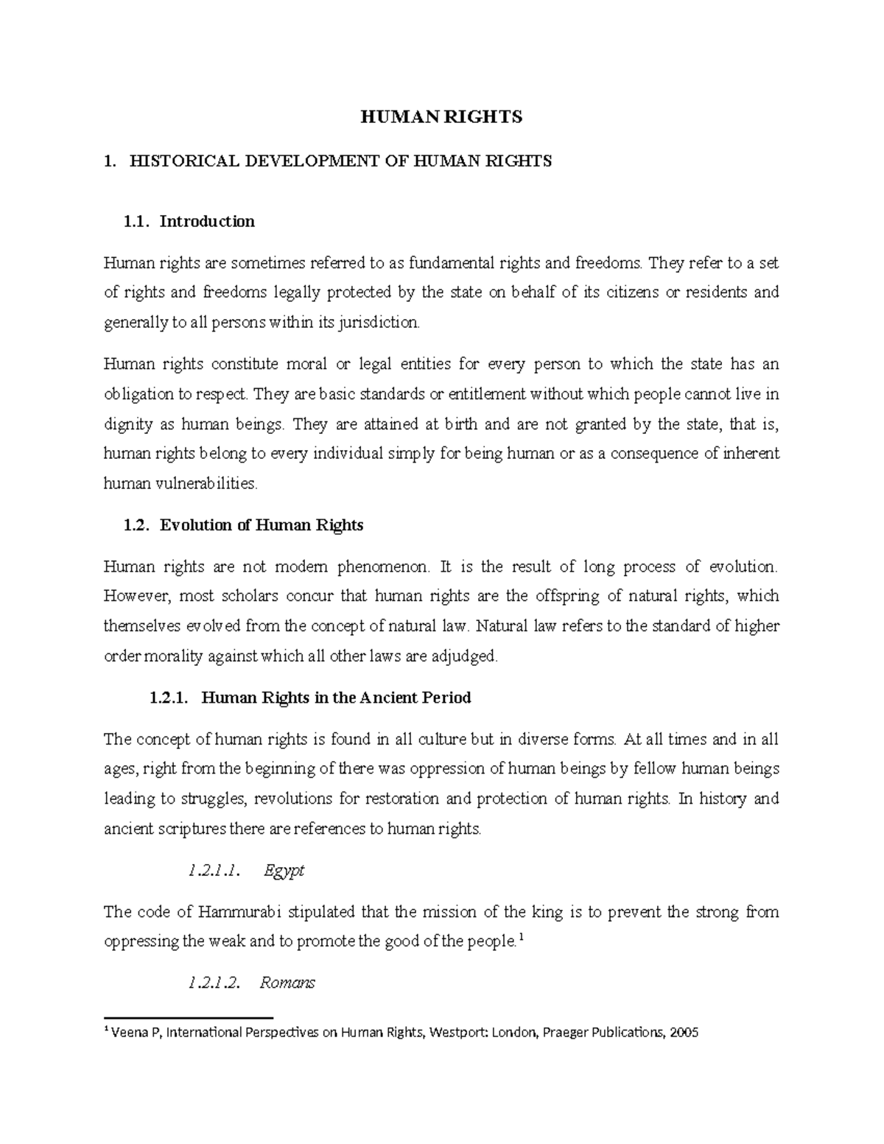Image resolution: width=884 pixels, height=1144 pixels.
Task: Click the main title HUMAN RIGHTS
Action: [x=441, y=116]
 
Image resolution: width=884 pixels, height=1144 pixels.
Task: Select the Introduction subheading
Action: [x=207, y=222]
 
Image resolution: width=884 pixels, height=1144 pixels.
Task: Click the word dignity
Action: [x=128, y=425]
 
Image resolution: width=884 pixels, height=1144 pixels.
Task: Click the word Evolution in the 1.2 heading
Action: [x=194, y=526]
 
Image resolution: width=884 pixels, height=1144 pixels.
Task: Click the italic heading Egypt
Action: [x=284, y=871]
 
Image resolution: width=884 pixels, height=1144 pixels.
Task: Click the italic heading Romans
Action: [x=287, y=983]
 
